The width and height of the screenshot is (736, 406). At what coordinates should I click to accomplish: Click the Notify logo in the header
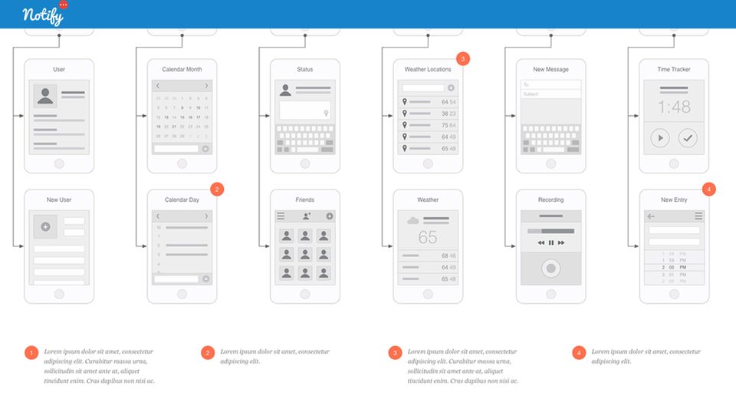pyautogui.click(x=43, y=15)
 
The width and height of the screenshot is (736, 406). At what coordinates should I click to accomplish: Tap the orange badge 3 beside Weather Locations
pyautogui.click(x=462, y=58)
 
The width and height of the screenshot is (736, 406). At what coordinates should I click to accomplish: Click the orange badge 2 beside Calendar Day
pyautogui.click(x=217, y=189)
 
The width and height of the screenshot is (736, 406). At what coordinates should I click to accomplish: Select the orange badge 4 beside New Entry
pyautogui.click(x=708, y=189)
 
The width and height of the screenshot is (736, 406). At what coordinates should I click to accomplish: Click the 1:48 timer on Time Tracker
pyautogui.click(x=673, y=105)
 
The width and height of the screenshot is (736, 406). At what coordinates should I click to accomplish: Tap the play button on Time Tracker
pyautogui.click(x=659, y=138)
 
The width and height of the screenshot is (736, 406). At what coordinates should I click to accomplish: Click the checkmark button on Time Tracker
pyautogui.click(x=688, y=138)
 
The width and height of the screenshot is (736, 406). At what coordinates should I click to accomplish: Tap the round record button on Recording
pyautogui.click(x=550, y=269)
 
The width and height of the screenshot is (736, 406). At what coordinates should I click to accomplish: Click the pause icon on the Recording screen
pyautogui.click(x=550, y=243)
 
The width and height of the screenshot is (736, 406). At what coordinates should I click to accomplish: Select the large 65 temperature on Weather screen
pyautogui.click(x=428, y=237)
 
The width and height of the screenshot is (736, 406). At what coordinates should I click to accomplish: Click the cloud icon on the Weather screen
pyautogui.click(x=413, y=221)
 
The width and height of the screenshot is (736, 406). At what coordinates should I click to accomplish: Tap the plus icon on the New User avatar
pyautogui.click(x=45, y=226)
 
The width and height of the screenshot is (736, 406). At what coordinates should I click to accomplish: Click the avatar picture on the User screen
pyautogui.click(x=45, y=96)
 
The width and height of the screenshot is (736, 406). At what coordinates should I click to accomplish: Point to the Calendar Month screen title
pyautogui.click(x=182, y=70)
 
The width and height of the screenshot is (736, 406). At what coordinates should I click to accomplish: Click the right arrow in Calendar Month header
pyautogui.click(x=206, y=86)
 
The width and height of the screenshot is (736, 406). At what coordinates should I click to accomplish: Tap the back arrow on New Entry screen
pyautogui.click(x=651, y=216)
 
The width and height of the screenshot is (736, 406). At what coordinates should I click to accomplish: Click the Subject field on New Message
pyautogui.click(x=550, y=94)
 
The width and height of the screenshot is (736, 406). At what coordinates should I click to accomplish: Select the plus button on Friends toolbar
pyautogui.click(x=330, y=216)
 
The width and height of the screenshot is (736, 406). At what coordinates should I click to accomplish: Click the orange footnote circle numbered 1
pyautogui.click(x=31, y=353)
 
